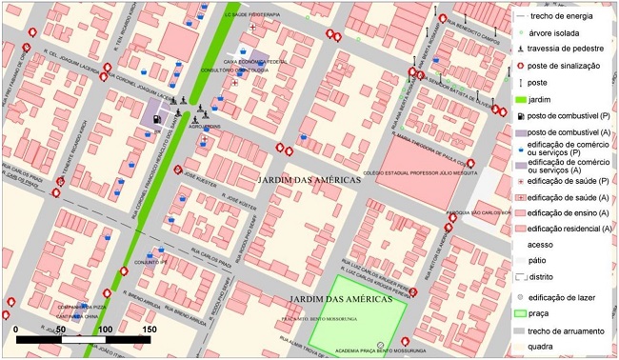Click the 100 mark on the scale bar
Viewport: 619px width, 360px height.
pyautogui.click(x=105, y=329)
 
